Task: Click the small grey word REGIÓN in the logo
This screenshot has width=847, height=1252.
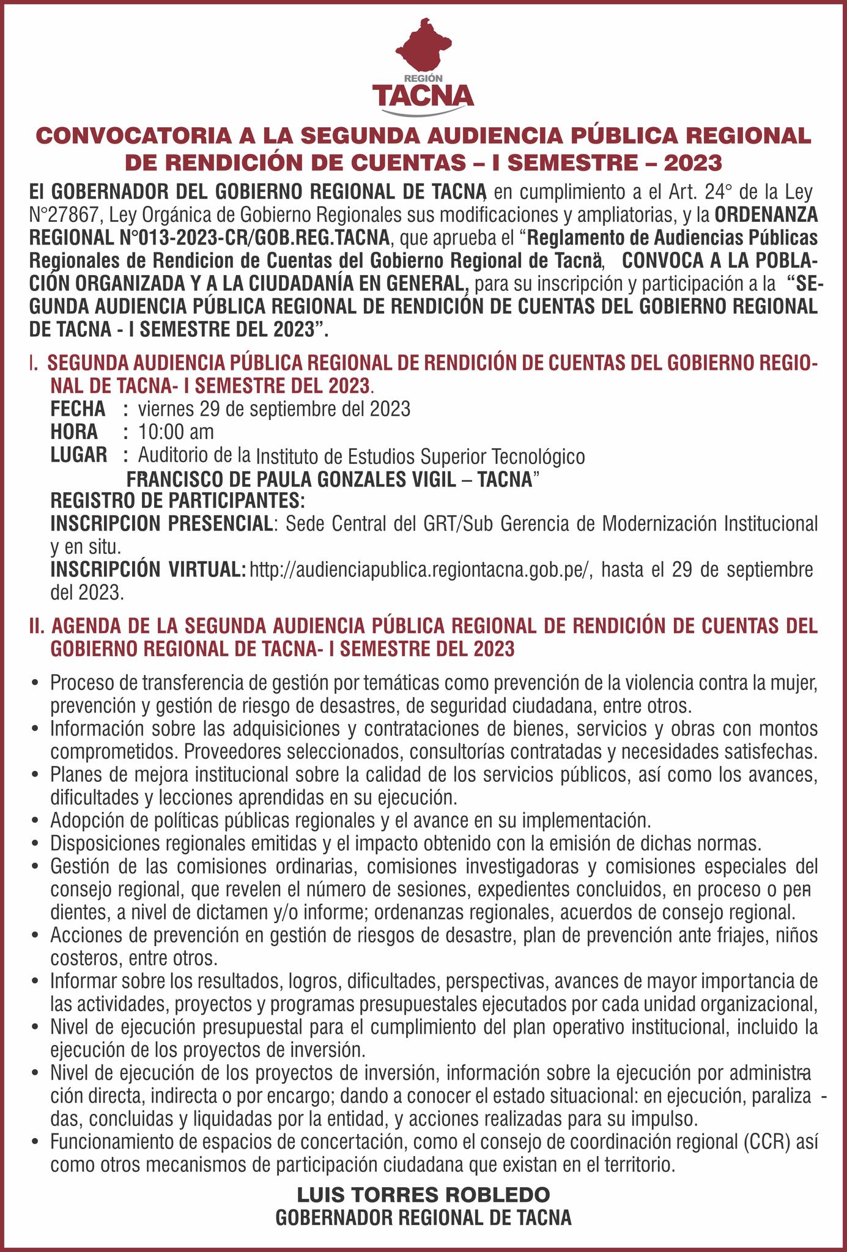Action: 423,79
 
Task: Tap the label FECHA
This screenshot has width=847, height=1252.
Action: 78,408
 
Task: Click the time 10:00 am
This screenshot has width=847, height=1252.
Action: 176,432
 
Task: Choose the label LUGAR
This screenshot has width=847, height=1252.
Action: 79,455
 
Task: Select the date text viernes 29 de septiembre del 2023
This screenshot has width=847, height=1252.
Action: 274,408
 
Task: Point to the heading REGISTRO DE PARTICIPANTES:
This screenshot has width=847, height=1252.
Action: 177,501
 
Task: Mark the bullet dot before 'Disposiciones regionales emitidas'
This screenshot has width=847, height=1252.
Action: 38,844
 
